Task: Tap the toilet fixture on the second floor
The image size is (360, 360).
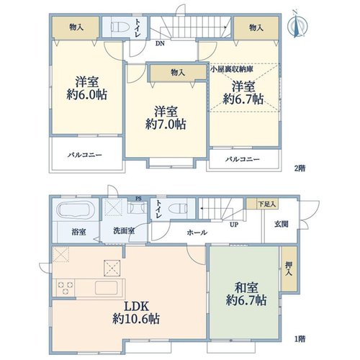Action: [x=120, y=27]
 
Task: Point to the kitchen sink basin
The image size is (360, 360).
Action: [x=107, y=287]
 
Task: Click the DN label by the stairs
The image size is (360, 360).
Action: [x=160, y=44]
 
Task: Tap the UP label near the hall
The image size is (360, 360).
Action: [x=234, y=225]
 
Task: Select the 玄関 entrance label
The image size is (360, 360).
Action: [x=281, y=225]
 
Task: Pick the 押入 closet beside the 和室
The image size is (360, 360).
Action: [x=289, y=269]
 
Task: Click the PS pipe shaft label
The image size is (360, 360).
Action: [x=138, y=199]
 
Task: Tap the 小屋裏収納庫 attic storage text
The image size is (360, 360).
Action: [x=232, y=69]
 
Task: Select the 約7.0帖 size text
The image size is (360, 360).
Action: [x=166, y=125]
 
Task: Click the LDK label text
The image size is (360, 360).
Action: [x=136, y=307]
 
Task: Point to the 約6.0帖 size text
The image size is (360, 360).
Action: [x=87, y=95]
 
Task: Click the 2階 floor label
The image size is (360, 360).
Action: [x=300, y=168]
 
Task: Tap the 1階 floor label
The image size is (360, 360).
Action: [x=300, y=339]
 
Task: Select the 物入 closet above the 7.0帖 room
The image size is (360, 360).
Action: [x=178, y=72]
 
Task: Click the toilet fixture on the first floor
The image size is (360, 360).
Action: [x=178, y=208]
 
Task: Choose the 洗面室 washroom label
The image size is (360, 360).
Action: [x=124, y=231]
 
